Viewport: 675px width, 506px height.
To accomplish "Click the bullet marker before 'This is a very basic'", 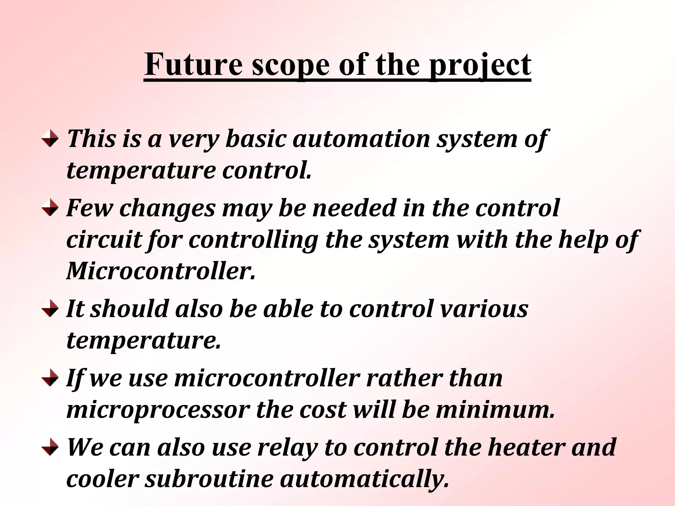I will click(x=50, y=138).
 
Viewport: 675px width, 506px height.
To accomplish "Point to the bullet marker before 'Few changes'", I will click(x=50, y=208).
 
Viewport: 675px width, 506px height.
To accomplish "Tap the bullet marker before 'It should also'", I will click(x=50, y=309).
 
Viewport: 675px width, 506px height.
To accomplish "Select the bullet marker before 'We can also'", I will click(x=50, y=447).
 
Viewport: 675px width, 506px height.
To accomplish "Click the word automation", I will click(x=361, y=138).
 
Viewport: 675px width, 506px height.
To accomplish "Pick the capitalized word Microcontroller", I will click(x=161, y=271).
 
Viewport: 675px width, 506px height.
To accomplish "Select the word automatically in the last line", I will click(x=365, y=479).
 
